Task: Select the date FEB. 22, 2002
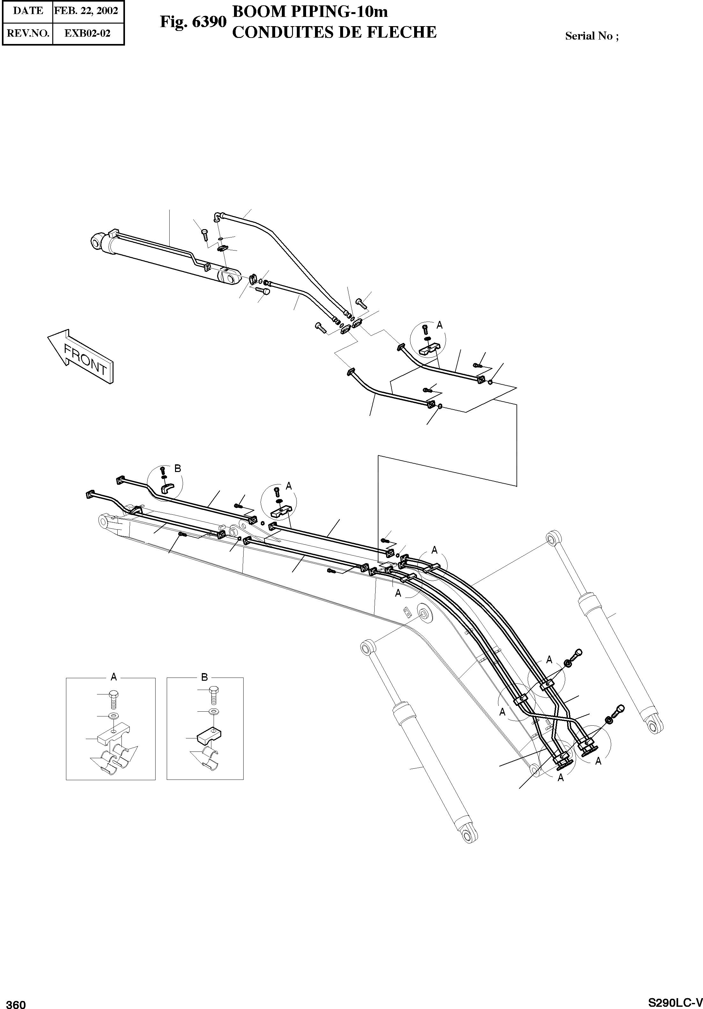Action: [86, 11]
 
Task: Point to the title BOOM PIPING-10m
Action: [310, 12]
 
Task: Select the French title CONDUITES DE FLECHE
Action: [334, 32]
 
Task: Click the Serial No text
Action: [591, 36]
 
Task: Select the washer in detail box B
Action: [214, 711]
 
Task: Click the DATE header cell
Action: [28, 11]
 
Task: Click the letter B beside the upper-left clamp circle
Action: [178, 469]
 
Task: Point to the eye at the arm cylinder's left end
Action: [96, 241]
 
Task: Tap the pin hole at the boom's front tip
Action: [104, 522]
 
